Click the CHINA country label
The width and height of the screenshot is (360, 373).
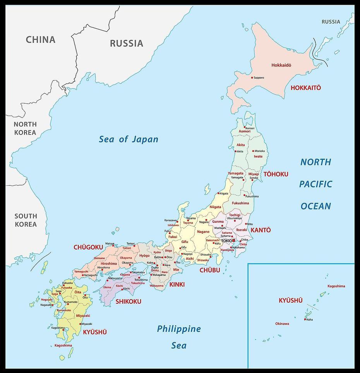point(41,39)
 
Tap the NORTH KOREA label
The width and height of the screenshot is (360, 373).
point(25,128)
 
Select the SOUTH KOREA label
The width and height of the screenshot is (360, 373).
point(26,220)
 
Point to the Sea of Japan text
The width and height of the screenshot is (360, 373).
point(129,139)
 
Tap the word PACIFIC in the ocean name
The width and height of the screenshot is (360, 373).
point(315,184)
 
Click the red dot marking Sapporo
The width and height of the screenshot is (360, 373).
point(252,78)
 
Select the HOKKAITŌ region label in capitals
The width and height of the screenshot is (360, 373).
point(305,88)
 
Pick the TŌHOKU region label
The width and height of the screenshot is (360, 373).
point(276,175)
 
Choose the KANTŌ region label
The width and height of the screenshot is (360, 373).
point(261,230)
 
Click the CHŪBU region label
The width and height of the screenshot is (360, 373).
point(209,270)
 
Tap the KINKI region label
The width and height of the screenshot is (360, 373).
point(177,284)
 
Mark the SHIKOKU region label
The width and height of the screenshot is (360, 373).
point(129,301)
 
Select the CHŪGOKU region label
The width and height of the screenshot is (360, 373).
point(88,247)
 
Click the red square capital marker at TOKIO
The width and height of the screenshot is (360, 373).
point(233,241)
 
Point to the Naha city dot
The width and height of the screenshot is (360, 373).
point(305,319)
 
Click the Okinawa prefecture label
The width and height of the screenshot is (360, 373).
point(282,324)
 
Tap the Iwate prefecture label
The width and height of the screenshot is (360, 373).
point(258,157)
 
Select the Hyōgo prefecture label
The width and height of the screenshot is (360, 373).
point(144,256)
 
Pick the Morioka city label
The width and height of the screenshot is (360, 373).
point(259,151)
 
